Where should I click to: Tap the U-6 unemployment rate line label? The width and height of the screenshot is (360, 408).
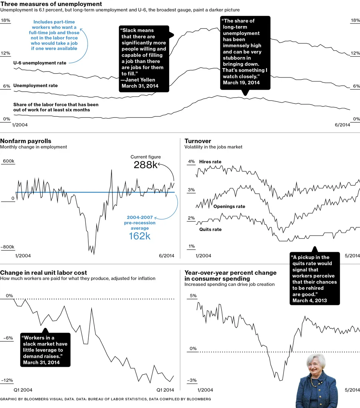(40, 63)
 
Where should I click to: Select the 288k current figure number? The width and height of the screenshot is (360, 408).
(145, 165)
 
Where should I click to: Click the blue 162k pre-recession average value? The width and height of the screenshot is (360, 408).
(140, 236)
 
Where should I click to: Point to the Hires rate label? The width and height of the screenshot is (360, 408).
(210, 162)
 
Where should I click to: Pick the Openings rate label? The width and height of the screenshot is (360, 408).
(229, 206)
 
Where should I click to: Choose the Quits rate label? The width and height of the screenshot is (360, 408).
(210, 229)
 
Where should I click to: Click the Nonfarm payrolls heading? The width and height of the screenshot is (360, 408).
(26, 141)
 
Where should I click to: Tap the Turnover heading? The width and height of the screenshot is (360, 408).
(198, 141)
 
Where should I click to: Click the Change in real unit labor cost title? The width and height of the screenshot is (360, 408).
(43, 273)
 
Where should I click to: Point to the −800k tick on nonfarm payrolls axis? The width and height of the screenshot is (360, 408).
(7, 247)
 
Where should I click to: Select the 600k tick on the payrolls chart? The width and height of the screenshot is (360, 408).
(8, 161)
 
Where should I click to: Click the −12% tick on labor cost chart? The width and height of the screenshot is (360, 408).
(7, 381)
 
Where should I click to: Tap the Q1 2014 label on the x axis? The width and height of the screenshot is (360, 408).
(165, 390)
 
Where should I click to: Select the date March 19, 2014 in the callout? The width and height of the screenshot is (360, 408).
(241, 82)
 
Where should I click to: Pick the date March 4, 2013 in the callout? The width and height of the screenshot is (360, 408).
(310, 300)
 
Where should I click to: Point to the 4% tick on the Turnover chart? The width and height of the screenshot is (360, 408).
(191, 161)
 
